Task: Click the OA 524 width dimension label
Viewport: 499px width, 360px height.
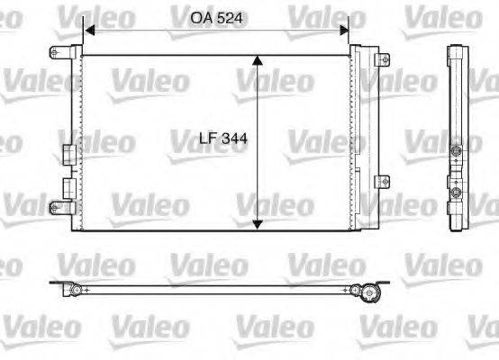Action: pos(215,16)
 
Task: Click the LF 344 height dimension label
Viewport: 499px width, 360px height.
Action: pos(222,139)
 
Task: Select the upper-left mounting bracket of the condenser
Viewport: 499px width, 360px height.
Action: pos(61,52)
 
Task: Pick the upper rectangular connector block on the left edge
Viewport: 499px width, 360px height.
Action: pos(68,155)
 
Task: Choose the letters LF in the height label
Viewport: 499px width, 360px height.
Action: pos(206,139)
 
